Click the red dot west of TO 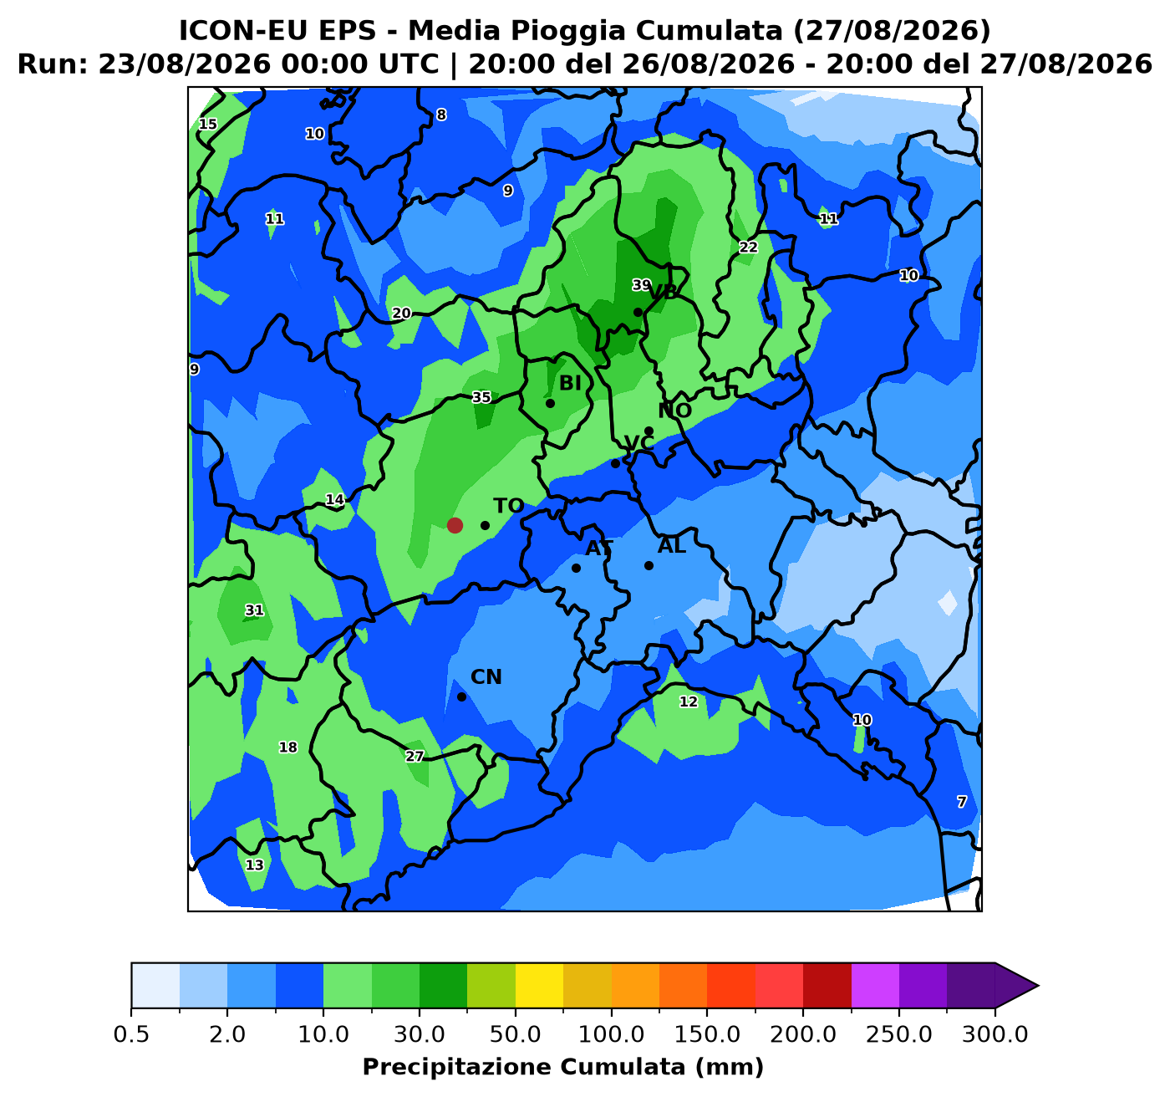tap(455, 525)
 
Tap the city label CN tap(486, 677)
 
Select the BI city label tap(570, 384)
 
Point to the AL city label tap(672, 547)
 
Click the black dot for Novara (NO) tap(649, 431)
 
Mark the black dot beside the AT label tap(576, 569)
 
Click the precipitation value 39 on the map tap(641, 285)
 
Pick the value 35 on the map tap(481, 397)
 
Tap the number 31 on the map tap(255, 610)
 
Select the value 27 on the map tap(415, 757)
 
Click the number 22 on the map tap(748, 247)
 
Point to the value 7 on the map tap(961, 802)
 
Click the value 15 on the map tap(207, 125)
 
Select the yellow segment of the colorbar tap(539, 986)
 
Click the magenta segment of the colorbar tap(875, 986)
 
